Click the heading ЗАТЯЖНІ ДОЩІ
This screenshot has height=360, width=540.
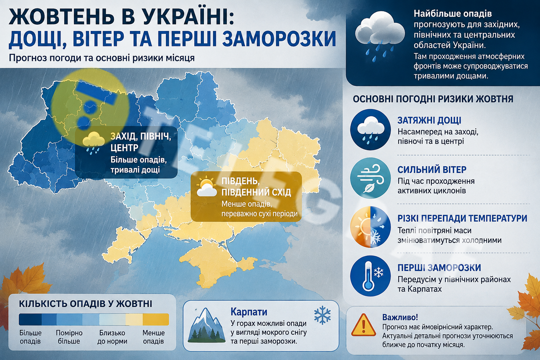point(429,120)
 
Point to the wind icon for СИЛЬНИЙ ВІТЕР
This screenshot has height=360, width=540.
point(370,178)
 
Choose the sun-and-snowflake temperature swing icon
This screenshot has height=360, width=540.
point(370,227)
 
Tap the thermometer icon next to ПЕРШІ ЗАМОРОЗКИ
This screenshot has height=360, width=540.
point(370,276)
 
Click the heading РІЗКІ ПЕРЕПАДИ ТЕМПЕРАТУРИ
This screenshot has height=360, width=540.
point(462,218)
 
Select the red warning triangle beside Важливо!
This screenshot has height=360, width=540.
point(364,325)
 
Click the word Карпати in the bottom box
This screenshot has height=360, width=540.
point(249,312)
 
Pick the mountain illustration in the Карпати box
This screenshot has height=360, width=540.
point(207,325)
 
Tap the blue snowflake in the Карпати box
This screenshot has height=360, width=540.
point(322,315)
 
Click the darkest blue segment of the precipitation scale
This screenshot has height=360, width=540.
point(30,320)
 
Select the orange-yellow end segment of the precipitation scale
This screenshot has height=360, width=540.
point(156,320)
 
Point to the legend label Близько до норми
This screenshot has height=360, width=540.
point(112,337)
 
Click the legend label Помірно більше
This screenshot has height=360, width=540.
point(69,337)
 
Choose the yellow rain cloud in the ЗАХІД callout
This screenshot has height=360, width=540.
point(93,143)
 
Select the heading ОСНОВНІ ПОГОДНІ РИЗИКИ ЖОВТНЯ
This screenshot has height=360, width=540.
point(433,99)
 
